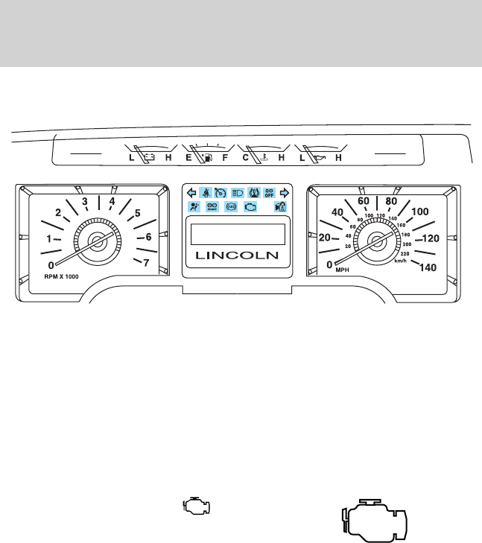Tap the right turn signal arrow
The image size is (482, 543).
click(284, 192)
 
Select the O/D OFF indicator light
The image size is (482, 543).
click(270, 191)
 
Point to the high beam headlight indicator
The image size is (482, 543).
click(238, 191)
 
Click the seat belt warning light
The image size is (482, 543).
click(206, 191)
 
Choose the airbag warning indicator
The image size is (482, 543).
click(194, 208)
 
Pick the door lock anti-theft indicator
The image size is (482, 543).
click(281, 208)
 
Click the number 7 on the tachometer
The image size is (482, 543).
click(146, 262)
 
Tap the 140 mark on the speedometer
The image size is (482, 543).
click(428, 268)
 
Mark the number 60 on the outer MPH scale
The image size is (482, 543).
click(364, 201)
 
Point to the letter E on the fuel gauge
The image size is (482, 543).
click(188, 158)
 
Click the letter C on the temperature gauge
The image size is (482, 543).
click(245, 158)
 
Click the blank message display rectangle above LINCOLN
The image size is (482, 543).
click(238, 234)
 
